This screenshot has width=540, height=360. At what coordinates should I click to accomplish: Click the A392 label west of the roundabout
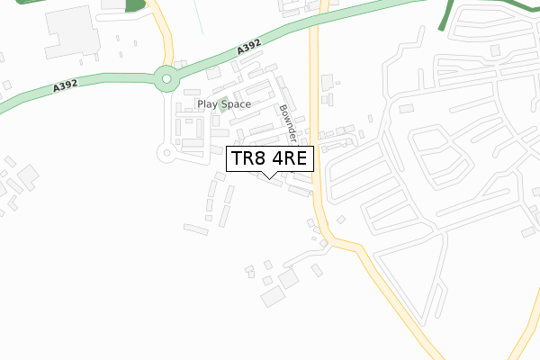coord(66,86)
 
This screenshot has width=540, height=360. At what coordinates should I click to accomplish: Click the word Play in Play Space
coord(209,104)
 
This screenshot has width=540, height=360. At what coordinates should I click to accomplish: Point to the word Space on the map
coord(236,104)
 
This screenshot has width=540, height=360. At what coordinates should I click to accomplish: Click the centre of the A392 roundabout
coord(166,79)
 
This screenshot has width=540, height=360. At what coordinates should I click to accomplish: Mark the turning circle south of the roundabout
coord(166,153)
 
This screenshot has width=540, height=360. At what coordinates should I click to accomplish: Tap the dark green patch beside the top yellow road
coord(135,6)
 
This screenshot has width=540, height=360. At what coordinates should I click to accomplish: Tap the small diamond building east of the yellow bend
coord(342,219)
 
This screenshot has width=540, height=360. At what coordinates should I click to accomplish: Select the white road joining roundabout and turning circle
coord(165,117)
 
